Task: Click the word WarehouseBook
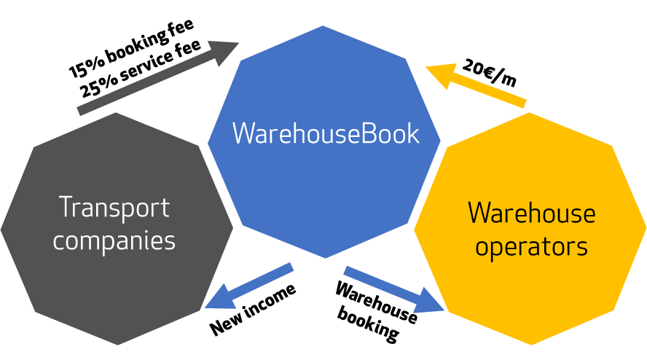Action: [x=326, y=134]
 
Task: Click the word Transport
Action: [x=114, y=208]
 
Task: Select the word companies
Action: [x=114, y=240]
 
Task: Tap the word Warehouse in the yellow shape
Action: [x=531, y=214]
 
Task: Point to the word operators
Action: [x=531, y=246]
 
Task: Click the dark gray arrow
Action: [x=157, y=78]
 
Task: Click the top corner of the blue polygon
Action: [x=323, y=26]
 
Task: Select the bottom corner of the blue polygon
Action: [x=325, y=258]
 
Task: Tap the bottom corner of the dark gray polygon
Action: [x=117, y=345]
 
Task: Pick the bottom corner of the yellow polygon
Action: [x=530, y=345]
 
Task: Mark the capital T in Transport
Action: [x=65, y=208]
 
